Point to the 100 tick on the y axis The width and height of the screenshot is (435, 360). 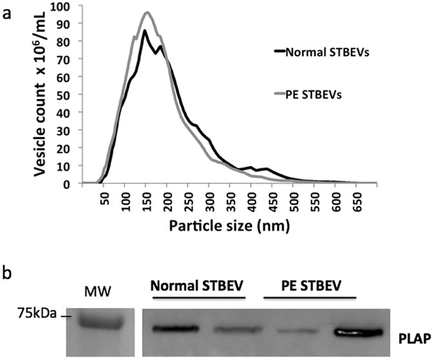(72, 7)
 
